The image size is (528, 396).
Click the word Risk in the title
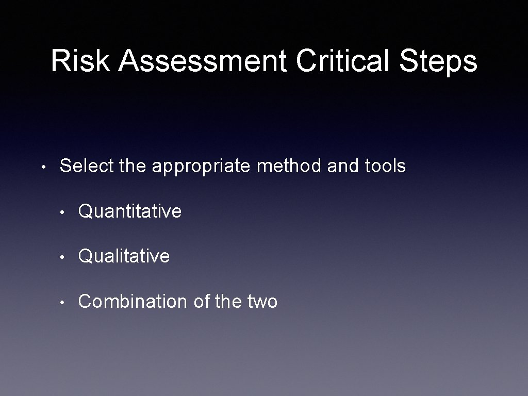click(80, 61)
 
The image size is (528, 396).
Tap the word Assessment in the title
click(202, 61)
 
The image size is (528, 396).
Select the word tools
click(385, 166)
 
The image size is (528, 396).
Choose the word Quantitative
click(129, 211)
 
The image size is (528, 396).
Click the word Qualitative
click(124, 256)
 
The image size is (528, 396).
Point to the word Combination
click(133, 301)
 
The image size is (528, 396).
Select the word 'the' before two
click(227, 301)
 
